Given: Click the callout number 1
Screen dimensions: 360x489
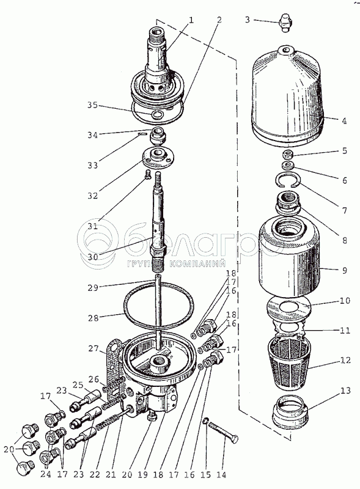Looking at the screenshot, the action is pyautogui.click(x=191, y=20).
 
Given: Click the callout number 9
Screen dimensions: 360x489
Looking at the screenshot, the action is pyautogui.click(x=344, y=270).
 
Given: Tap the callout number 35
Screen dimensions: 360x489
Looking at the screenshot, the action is pyautogui.click(x=92, y=105).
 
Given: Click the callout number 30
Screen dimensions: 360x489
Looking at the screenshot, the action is pyautogui.click(x=92, y=256).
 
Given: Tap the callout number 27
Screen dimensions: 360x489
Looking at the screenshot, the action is pyautogui.click(x=93, y=348).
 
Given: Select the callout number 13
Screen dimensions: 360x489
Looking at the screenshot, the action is pyautogui.click(x=345, y=391).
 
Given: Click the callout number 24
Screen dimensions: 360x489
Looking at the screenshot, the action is pyautogui.click(x=46, y=474).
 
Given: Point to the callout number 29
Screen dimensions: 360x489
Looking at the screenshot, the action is pyautogui.click(x=93, y=287).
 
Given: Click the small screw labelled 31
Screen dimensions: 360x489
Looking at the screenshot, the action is pyautogui.click(x=147, y=176).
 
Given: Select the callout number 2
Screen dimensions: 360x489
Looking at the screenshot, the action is pyautogui.click(x=219, y=20).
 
